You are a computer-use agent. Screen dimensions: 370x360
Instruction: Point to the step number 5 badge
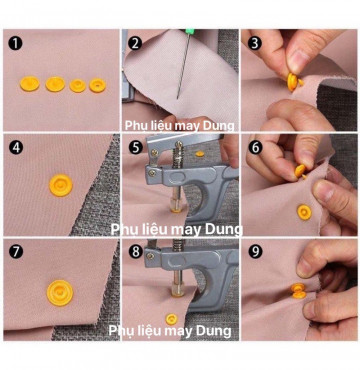click(135, 146)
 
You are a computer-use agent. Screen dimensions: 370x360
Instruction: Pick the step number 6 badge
click(254, 146)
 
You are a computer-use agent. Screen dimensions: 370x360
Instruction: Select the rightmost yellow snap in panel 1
click(96, 86)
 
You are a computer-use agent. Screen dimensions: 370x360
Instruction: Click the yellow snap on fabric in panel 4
click(59, 186)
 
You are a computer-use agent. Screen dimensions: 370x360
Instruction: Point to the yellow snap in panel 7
click(59, 293)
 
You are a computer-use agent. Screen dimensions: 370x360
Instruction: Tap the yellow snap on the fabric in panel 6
click(304, 212)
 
